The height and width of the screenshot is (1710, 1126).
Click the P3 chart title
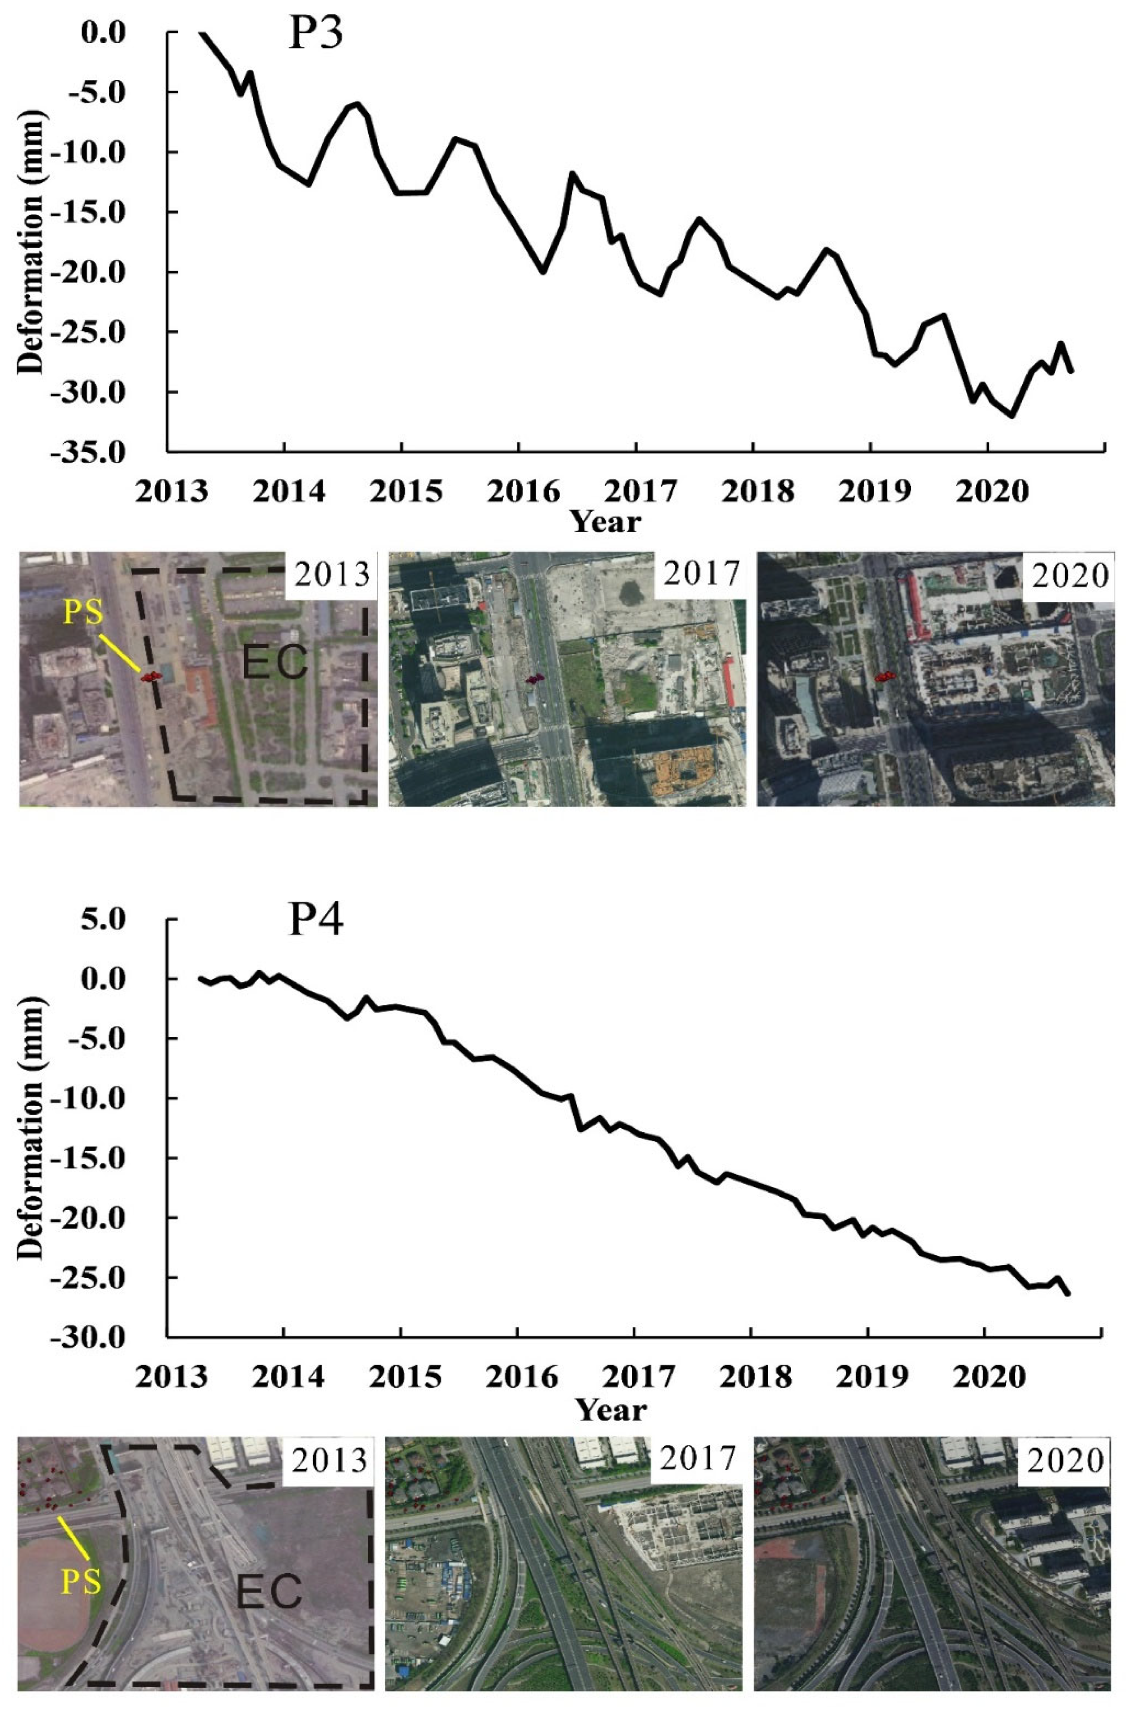point(315,35)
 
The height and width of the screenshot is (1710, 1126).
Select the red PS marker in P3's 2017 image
point(534,678)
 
